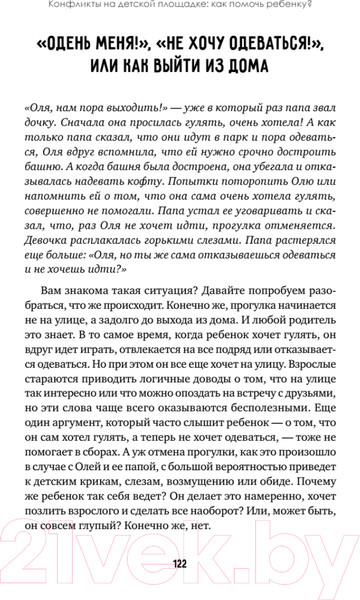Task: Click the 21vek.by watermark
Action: (180, 540)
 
